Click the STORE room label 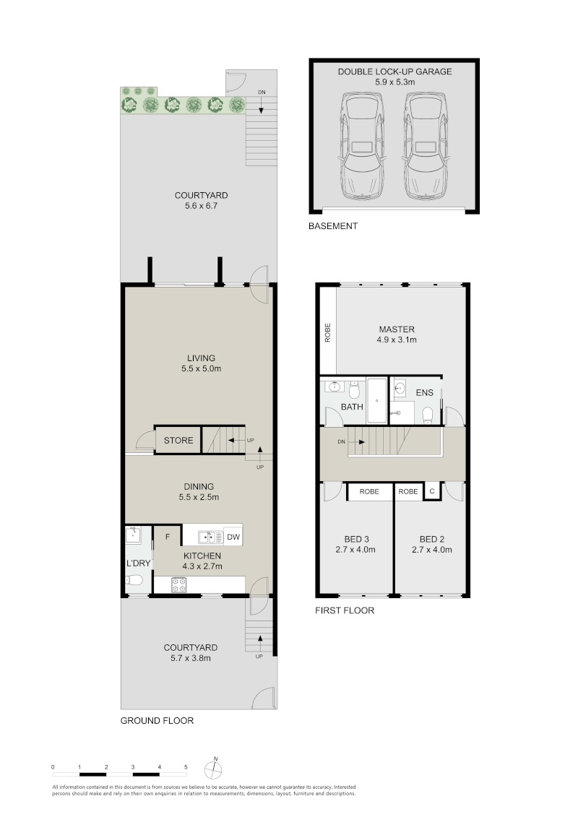pyautogui.click(x=178, y=440)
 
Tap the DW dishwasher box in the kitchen pyautogui.click(x=233, y=536)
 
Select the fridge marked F pyautogui.click(x=168, y=536)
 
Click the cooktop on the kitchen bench pyautogui.click(x=179, y=585)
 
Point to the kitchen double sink pyautogui.click(x=210, y=536)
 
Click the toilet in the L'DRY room pyautogui.click(x=132, y=581)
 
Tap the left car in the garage pyautogui.click(x=362, y=146)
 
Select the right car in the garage pyautogui.click(x=426, y=146)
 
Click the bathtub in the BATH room pyautogui.click(x=377, y=400)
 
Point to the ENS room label pyautogui.click(x=424, y=392)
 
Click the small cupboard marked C pyautogui.click(x=431, y=491)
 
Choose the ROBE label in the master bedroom pyautogui.click(x=328, y=333)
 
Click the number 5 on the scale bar pyautogui.click(x=186, y=767)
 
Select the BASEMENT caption pyautogui.click(x=333, y=226)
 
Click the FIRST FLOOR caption pyautogui.click(x=345, y=610)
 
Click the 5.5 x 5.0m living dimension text pyautogui.click(x=201, y=368)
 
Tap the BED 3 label pyautogui.click(x=356, y=540)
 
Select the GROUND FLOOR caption pyautogui.click(x=157, y=721)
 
